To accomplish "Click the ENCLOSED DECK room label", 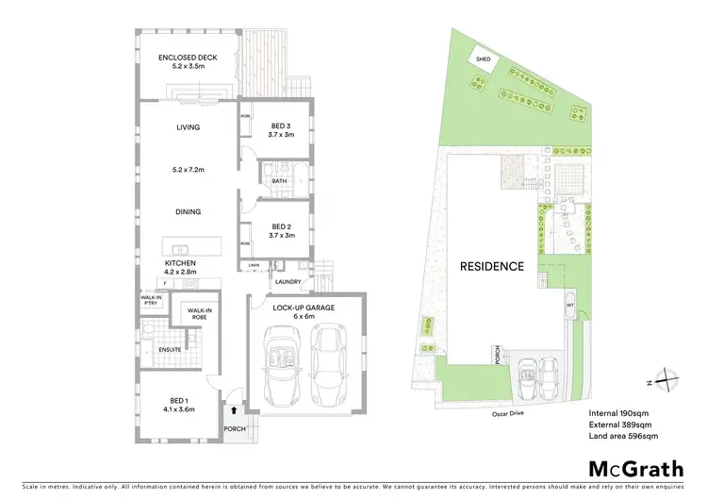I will (188, 58).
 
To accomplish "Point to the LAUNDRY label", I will (288, 281).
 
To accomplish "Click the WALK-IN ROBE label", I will (200, 313).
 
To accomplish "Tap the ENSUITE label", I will (170, 350).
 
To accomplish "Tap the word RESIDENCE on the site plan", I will (491, 266).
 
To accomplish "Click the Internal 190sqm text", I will (617, 413).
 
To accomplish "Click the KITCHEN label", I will (180, 262).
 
